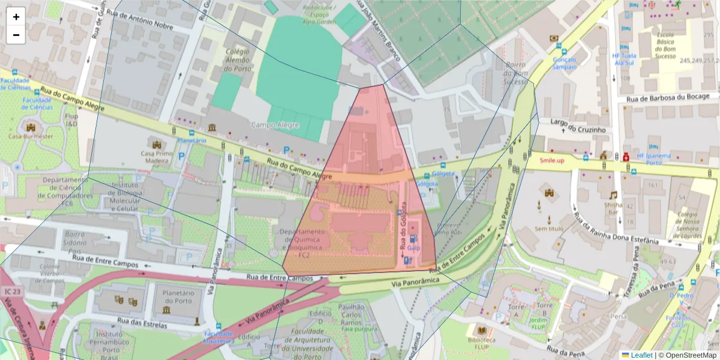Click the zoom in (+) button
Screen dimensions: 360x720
16,17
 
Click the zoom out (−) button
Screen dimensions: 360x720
16,35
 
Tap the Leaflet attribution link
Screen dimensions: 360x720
641,355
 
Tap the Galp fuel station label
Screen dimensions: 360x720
413,247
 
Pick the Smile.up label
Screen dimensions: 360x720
552,160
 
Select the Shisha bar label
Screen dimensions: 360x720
613,208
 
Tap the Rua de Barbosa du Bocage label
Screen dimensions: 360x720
671,97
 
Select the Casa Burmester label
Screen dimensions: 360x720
31,136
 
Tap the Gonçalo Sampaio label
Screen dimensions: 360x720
564,63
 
